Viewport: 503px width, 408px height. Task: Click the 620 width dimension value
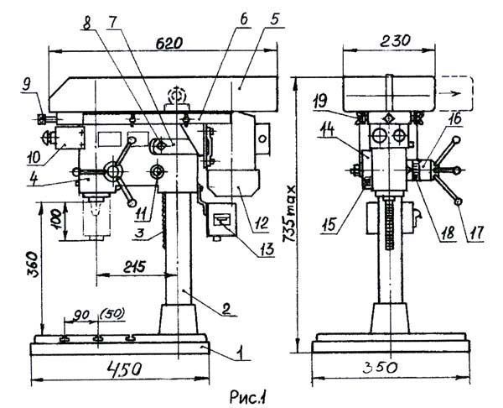[x=169, y=43]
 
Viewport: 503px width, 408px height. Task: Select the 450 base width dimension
[x=123, y=369]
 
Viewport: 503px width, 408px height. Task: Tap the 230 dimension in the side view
[x=395, y=41]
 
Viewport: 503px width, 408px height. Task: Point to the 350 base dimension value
[x=380, y=369]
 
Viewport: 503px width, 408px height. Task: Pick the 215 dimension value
[x=134, y=267]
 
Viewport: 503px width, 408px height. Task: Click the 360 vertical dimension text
[x=33, y=264]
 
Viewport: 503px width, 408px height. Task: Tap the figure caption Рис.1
[x=248, y=397]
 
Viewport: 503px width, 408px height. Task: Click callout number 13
[x=265, y=249]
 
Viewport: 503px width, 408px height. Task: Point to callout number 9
[x=28, y=85]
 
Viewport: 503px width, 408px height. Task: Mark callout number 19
[x=320, y=102]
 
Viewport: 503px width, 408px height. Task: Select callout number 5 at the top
[x=274, y=19]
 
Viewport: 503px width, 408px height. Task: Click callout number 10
[x=34, y=159]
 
